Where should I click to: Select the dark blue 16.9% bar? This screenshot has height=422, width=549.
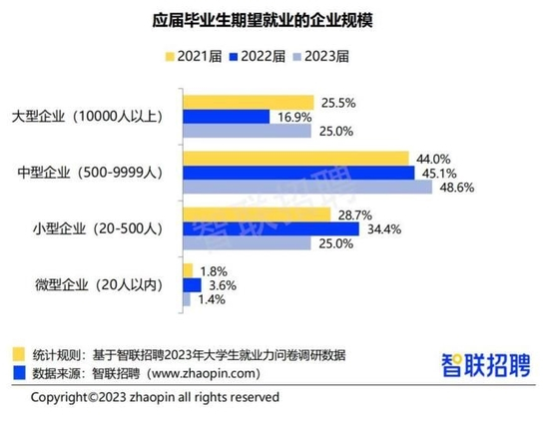[x=226, y=117]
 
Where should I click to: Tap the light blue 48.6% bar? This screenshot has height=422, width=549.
[x=306, y=188]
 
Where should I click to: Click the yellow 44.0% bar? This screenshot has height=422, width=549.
[x=295, y=158]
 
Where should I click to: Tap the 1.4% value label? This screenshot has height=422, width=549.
[x=212, y=300]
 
